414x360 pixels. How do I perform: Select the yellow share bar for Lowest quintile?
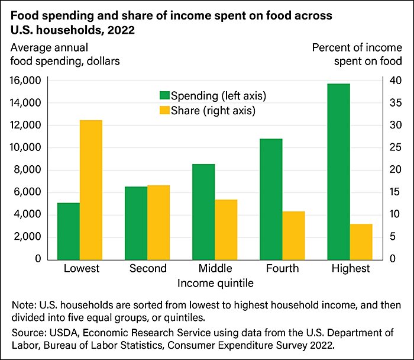click(91, 189)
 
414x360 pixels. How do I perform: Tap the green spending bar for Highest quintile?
click(338, 171)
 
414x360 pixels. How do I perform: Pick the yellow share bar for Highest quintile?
click(360, 242)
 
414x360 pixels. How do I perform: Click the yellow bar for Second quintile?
click(159, 222)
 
